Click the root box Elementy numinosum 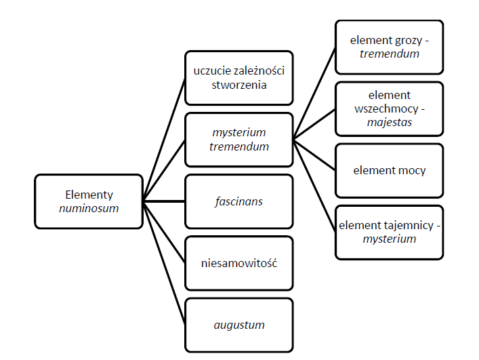pos(88,201)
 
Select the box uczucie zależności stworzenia pos(238,78)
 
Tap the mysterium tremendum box pos(238,139)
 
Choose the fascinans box pos(238,201)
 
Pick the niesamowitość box pos(238,263)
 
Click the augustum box pos(238,325)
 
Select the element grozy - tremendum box pos(389,47)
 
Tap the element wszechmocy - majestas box pos(389,108)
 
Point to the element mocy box pos(389,170)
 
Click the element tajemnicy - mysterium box pos(389,232)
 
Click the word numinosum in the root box pos(88,208)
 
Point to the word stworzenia pos(238,85)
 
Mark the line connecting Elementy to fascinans pos(164,201)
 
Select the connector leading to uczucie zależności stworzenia pos(164,139)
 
